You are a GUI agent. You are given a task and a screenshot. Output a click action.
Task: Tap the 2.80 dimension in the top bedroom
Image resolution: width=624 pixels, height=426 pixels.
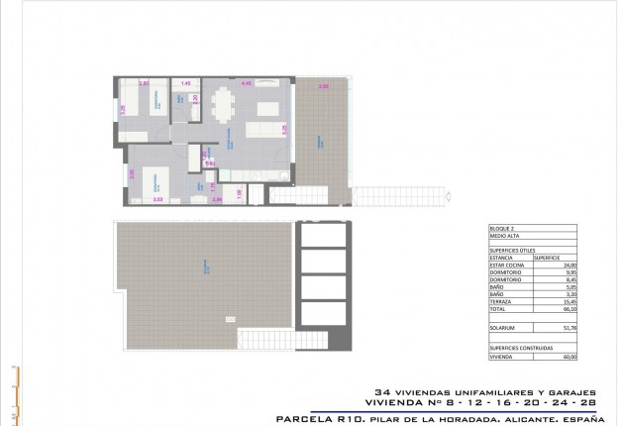pos(144,83)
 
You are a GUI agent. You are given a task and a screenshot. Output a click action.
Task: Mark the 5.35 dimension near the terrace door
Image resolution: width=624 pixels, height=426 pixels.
pos(284,129)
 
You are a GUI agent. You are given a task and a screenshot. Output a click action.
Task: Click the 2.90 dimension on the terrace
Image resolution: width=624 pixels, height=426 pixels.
pos(323,87)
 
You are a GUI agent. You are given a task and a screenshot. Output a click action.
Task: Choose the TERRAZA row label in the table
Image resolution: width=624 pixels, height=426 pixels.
pos(502,301)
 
